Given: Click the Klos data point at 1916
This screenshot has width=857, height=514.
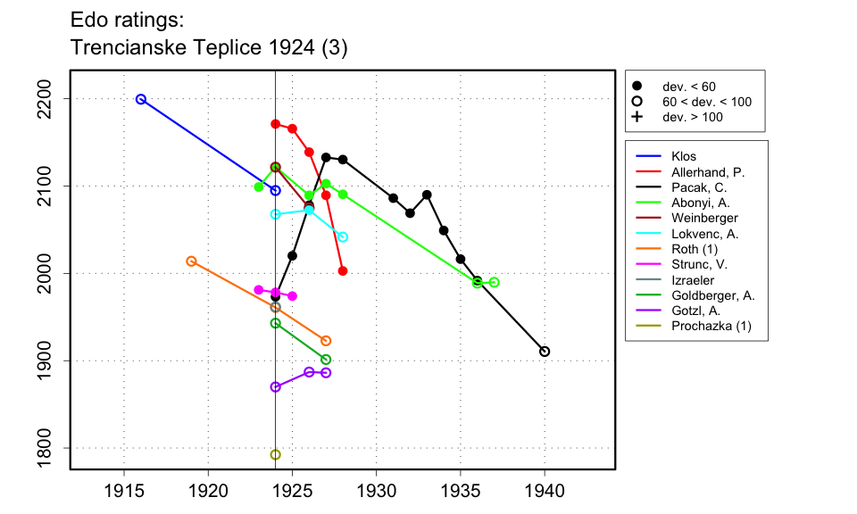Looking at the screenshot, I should [141, 99].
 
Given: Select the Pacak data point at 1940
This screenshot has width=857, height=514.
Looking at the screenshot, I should [545, 351].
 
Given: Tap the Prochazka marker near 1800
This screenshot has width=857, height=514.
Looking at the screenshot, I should [275, 454].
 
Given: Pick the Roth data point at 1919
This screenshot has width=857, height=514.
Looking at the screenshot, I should [191, 261].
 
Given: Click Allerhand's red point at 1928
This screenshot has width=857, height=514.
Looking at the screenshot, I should [343, 270].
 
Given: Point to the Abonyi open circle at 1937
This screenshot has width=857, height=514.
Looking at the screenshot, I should [494, 282].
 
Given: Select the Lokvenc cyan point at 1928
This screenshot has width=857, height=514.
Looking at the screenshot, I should [343, 236].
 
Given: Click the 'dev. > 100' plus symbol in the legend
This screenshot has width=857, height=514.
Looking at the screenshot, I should [637, 118].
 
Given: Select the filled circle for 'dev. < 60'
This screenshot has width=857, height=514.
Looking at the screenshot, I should [637, 87].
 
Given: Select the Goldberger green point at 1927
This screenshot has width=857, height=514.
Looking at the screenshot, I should [326, 360].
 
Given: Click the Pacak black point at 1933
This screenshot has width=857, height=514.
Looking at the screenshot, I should [427, 195].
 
